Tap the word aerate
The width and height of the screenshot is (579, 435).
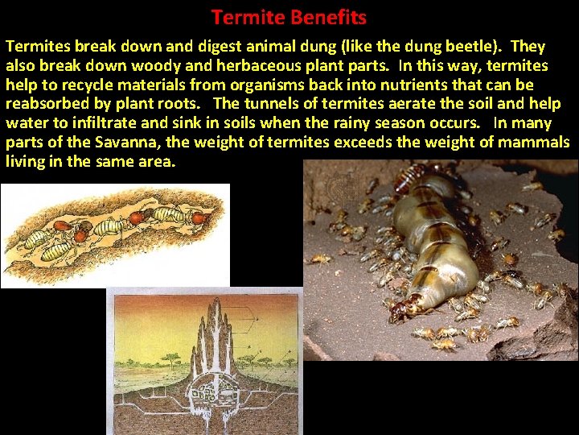click(x=403, y=104)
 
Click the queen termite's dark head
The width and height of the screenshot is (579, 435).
click(x=409, y=305)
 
